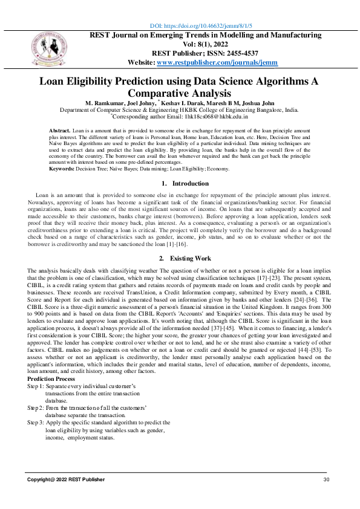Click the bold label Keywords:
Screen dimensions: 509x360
[62, 168]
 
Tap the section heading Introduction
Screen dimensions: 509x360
[190, 183]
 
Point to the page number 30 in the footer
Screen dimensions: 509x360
[327, 479]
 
